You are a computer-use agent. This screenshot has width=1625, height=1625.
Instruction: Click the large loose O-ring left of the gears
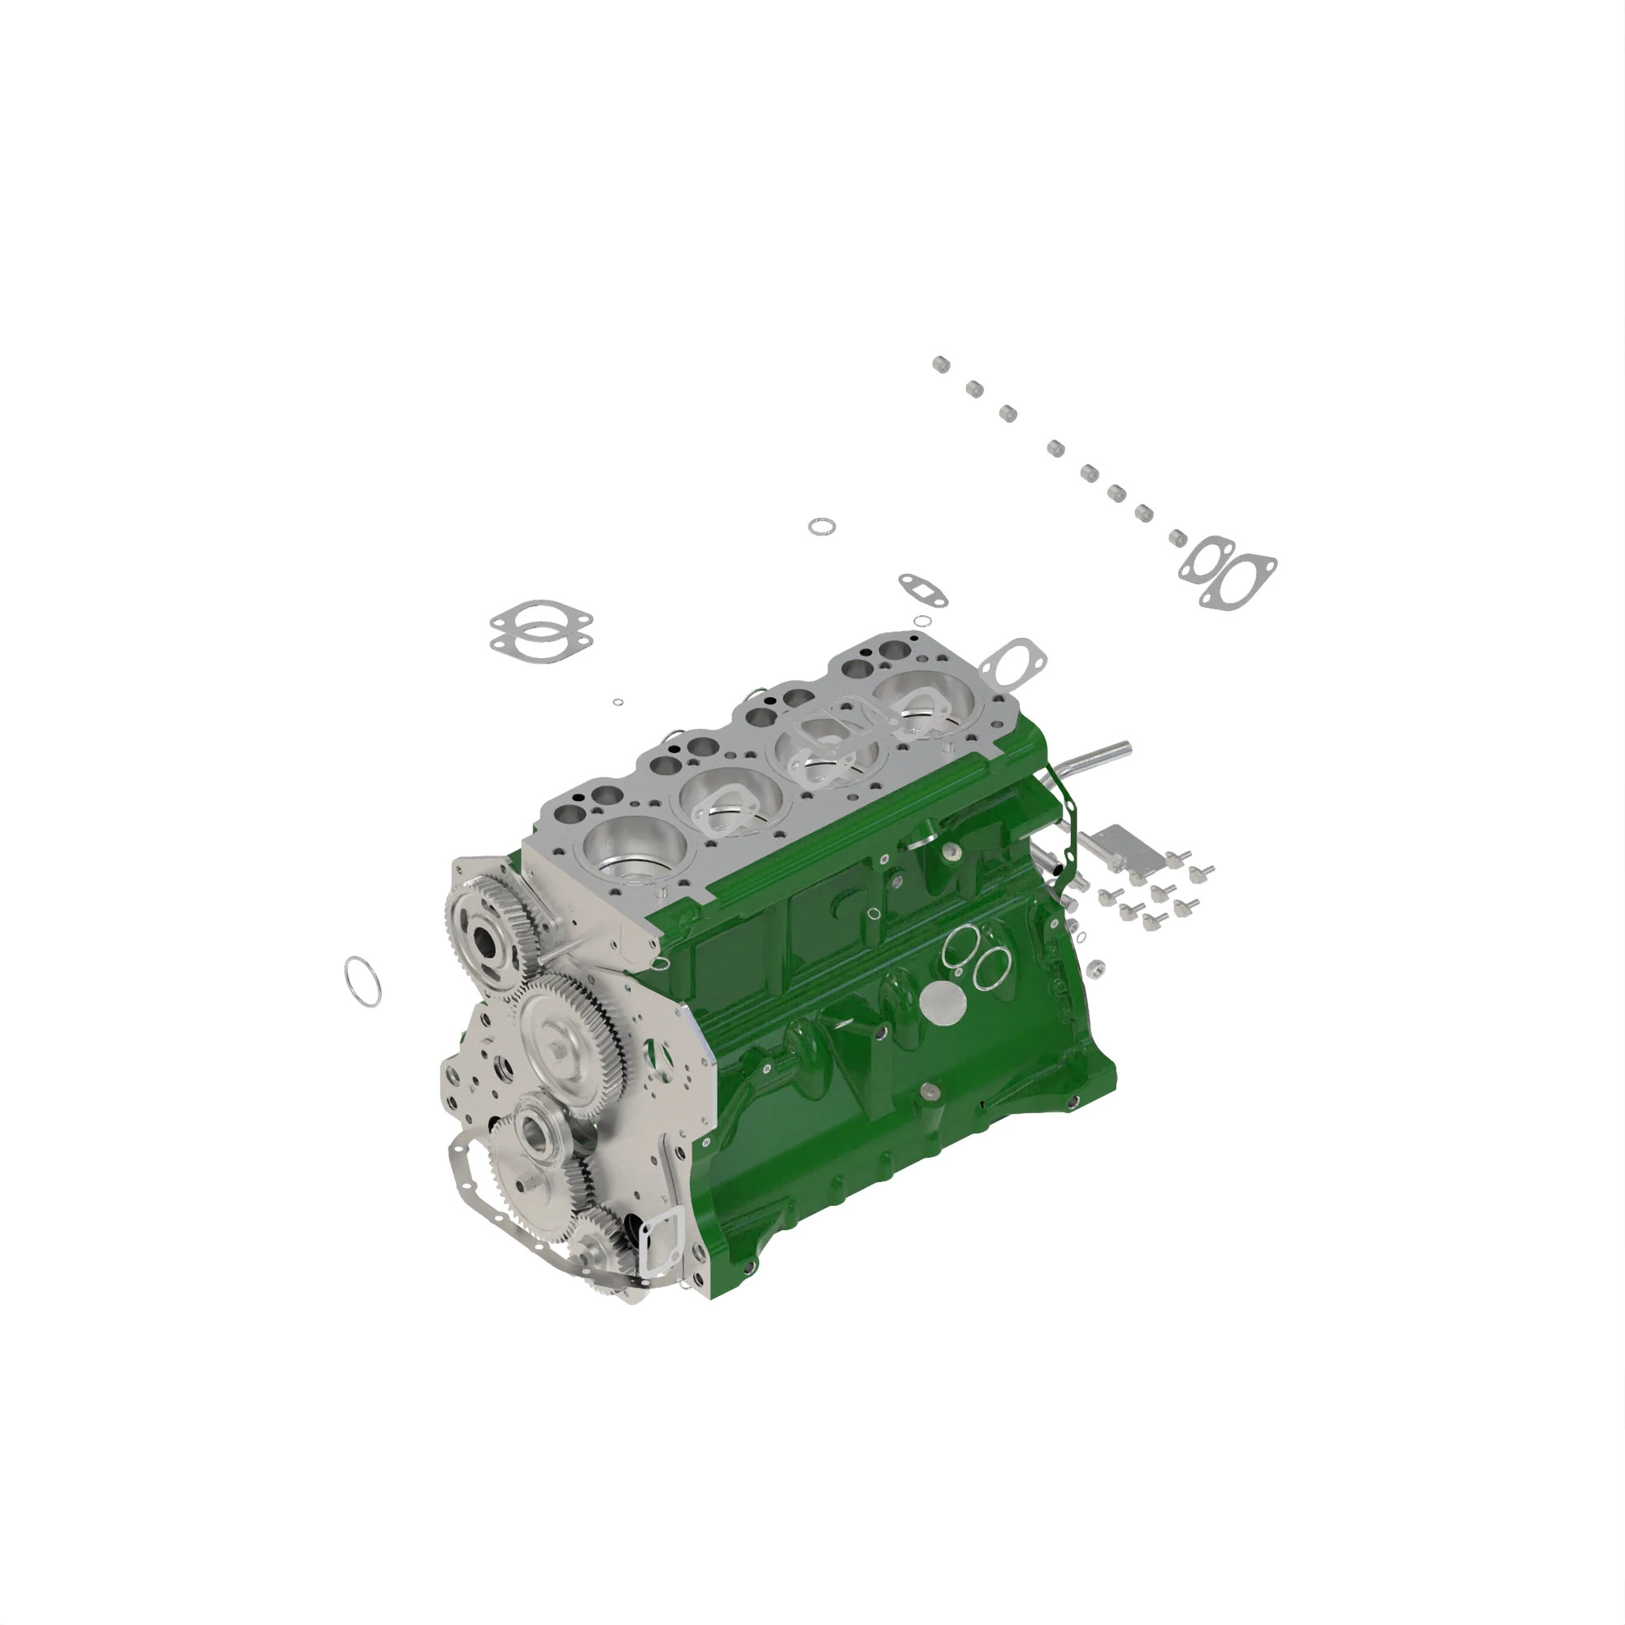click(362, 981)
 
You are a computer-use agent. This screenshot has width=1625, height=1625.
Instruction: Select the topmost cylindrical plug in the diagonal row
click(940, 364)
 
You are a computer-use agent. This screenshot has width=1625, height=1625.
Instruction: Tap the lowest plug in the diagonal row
click(1178, 536)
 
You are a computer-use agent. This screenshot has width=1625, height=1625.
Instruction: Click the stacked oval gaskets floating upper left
click(541, 630)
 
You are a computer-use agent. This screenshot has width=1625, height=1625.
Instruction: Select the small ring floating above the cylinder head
click(821, 526)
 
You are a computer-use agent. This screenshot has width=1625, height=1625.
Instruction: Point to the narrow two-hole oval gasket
click(923, 590)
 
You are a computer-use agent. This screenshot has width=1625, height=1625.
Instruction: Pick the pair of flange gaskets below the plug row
click(1227, 570)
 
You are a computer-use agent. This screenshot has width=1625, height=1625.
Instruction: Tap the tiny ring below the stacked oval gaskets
click(618, 701)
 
